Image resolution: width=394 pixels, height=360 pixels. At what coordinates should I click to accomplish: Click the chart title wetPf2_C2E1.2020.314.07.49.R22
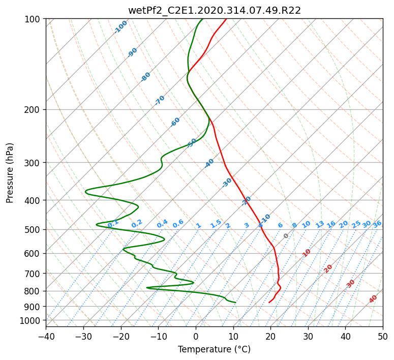tap(215, 10)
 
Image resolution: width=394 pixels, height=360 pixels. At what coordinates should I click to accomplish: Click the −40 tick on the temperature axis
tap(46, 336)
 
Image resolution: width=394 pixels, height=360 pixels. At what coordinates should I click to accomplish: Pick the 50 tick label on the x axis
tap(383, 336)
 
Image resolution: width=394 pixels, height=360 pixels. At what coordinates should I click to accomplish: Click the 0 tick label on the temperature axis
tap(196, 336)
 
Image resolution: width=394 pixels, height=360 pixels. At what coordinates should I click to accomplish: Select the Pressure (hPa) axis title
tap(10, 173)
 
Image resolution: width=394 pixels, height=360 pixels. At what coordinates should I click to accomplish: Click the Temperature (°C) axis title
tap(215, 349)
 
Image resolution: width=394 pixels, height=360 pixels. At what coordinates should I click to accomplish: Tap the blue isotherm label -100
tap(120, 27)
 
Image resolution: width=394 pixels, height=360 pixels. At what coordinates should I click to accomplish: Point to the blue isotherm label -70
tap(160, 100)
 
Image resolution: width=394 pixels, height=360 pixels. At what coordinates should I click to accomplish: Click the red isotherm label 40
tap(373, 299)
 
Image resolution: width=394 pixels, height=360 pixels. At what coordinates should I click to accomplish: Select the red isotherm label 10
tap(307, 253)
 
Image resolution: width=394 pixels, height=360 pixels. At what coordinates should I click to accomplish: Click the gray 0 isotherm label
tap(286, 236)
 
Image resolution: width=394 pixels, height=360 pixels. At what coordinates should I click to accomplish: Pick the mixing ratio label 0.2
tap(137, 224)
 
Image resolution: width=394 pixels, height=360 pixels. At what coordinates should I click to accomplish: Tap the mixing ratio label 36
tap(377, 224)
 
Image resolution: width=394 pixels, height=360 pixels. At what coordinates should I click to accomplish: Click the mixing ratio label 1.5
tap(216, 224)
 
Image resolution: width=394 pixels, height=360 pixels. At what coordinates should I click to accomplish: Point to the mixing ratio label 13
tap(320, 224)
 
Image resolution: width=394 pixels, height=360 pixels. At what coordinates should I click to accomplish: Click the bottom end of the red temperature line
tap(269, 303)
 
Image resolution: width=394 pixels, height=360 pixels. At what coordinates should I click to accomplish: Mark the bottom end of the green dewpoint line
tap(235, 303)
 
